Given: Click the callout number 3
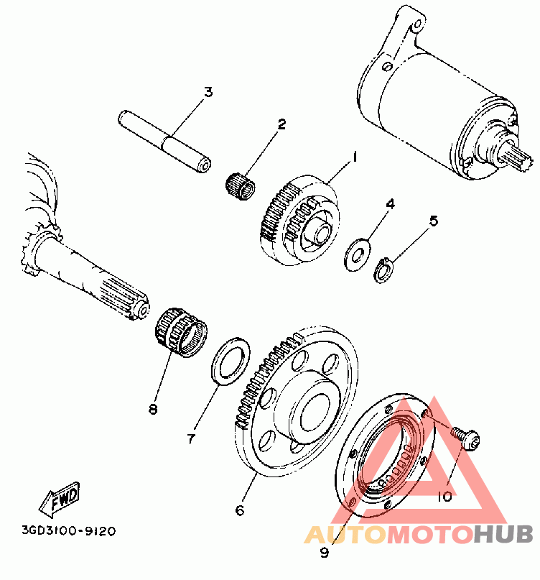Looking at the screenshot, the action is [x=208, y=92].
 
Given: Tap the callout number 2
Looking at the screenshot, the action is [x=281, y=124].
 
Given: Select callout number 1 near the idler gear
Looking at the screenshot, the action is [x=354, y=155].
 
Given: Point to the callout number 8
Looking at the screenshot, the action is [x=152, y=410].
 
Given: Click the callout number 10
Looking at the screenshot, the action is [x=444, y=496].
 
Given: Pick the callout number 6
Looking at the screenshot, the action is [x=239, y=510].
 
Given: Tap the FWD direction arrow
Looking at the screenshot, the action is [x=62, y=500].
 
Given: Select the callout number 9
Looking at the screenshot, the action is [x=323, y=553].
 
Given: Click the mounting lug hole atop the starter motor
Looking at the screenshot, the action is [x=414, y=29].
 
